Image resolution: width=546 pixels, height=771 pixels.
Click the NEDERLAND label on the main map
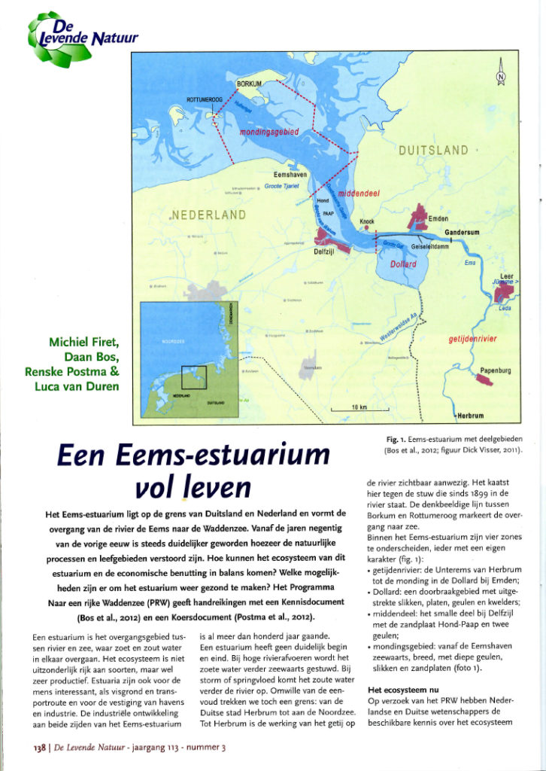[x=208, y=215]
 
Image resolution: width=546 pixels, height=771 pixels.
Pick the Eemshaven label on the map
[x=289, y=175]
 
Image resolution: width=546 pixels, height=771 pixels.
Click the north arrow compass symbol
[x=502, y=75]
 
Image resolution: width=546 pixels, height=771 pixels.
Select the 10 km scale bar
[x=359, y=408]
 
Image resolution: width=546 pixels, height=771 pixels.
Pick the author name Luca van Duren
[x=84, y=386]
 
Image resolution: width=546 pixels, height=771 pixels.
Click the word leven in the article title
[x=215, y=486]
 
